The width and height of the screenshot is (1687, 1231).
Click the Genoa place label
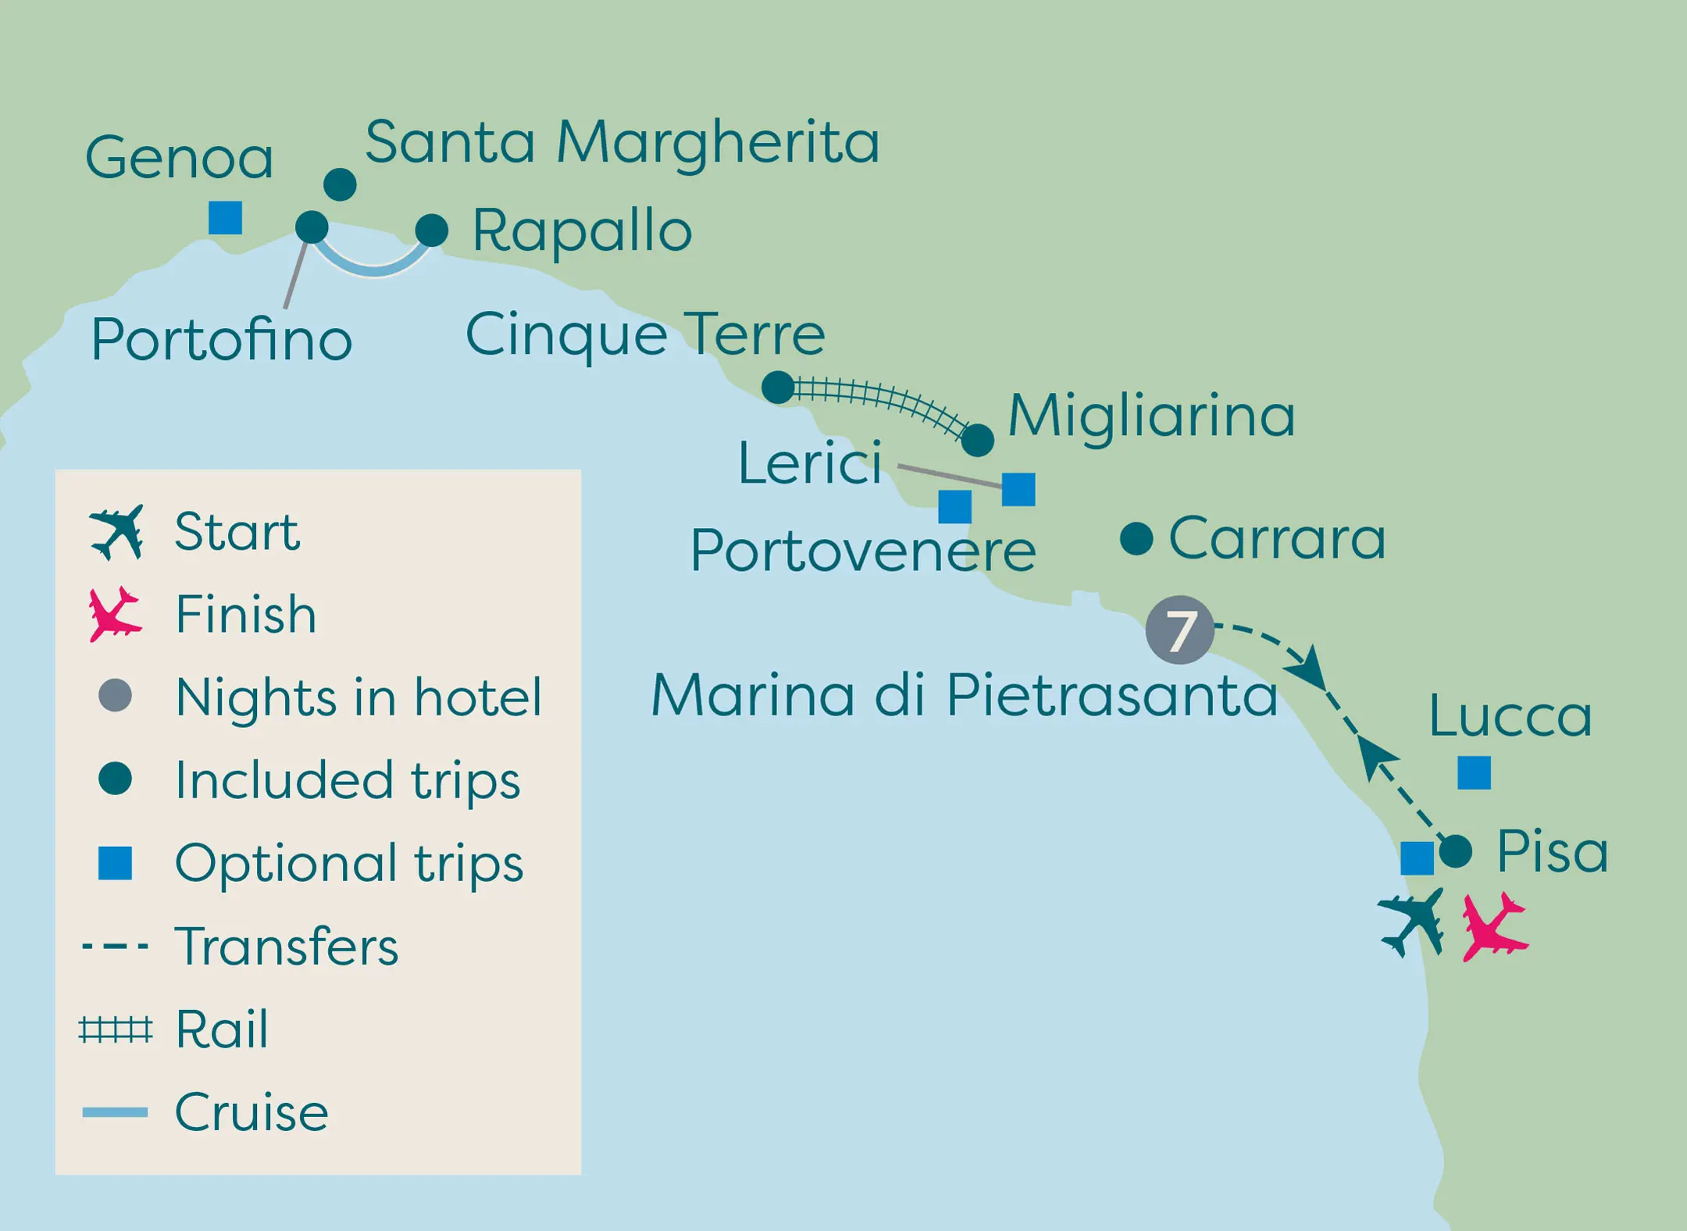tap(179, 158)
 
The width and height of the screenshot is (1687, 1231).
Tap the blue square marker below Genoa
tap(225, 218)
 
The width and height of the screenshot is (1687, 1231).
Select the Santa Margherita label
tap(622, 142)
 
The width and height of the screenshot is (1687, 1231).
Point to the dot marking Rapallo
tap(431, 230)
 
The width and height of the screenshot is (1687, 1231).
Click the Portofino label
tap(222, 340)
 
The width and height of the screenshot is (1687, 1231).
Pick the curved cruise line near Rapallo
tap(374, 269)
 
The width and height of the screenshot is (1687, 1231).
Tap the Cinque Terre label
tap(645, 334)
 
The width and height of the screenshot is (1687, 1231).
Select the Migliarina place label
tap(1151, 416)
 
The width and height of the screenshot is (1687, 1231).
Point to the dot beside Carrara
tap(1136, 538)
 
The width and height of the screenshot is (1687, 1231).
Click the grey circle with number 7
tap(1179, 630)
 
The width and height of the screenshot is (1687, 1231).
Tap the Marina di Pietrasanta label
tap(964, 694)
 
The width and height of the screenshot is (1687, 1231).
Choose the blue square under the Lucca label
tap(1474, 772)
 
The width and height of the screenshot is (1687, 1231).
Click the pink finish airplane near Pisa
tap(1493, 927)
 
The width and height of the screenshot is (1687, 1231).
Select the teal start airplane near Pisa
tap(1412, 922)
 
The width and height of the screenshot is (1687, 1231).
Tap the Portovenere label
tap(863, 551)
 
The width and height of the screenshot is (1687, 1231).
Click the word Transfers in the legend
tap(287, 947)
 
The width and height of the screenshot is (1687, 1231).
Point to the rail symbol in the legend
tap(116, 1030)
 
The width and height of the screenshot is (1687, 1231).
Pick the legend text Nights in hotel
tap(358, 697)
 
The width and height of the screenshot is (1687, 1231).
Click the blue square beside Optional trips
tap(115, 863)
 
